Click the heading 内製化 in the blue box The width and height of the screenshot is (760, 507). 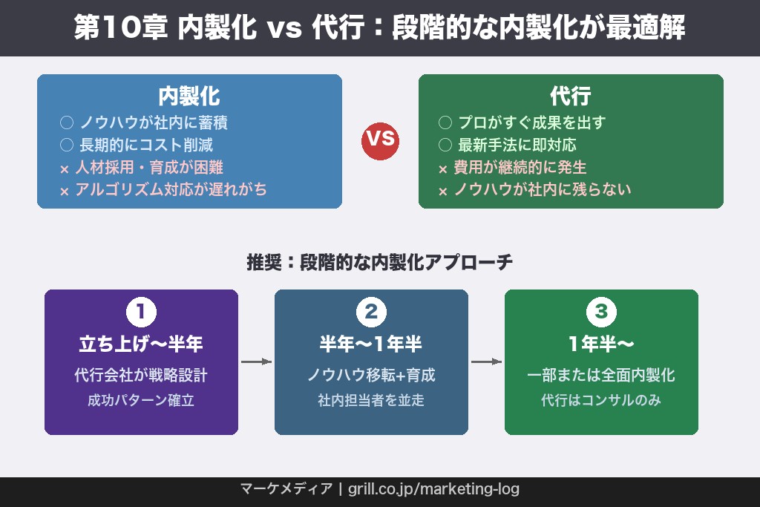tap(189, 97)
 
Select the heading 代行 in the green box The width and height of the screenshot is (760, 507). tap(571, 97)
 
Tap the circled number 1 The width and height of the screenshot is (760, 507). tap(141, 313)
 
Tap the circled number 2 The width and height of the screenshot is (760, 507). tap(371, 313)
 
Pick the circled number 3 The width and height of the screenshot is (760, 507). tap(601, 313)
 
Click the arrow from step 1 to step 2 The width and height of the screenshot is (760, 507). tap(256, 362)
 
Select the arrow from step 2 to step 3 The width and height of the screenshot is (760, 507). tap(486, 362)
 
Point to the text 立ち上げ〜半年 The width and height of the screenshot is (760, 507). tap(141, 344)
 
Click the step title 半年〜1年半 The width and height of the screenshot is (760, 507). tap(371, 344)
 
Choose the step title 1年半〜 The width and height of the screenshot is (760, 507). tap(601, 344)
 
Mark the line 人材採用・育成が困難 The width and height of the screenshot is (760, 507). tap(149, 168)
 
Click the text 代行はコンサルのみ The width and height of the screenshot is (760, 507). tap(601, 401)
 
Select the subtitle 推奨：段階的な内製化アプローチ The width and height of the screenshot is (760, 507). tap(379, 263)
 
